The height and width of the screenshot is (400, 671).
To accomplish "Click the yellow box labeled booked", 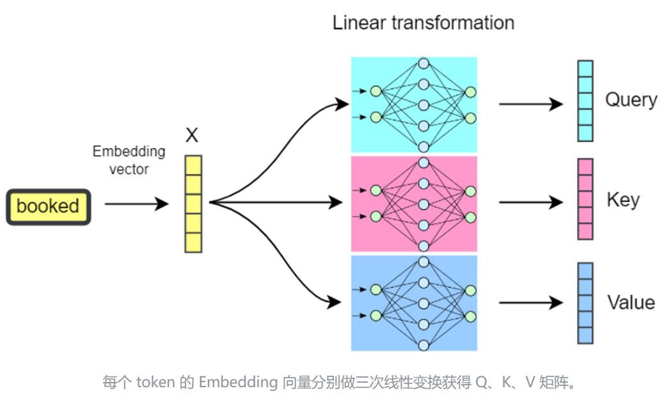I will pyautogui.click(x=48, y=206).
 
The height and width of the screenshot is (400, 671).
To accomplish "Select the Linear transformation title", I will pyautogui.click(x=423, y=23).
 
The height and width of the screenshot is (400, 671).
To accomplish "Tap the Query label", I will pyautogui.click(x=631, y=100).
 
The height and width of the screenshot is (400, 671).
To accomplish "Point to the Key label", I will pyautogui.click(x=622, y=200).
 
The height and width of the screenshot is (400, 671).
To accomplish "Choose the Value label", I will pyautogui.click(x=631, y=302).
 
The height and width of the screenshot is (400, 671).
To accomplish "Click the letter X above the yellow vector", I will pyautogui.click(x=192, y=135).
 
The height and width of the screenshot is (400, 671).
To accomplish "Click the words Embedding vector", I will pyautogui.click(x=129, y=160).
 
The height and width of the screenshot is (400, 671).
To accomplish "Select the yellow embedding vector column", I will pyautogui.click(x=193, y=204).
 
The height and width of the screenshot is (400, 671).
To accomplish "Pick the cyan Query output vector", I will pyautogui.click(x=585, y=101).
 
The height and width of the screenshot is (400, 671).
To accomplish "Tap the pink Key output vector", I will pyautogui.click(x=585, y=199).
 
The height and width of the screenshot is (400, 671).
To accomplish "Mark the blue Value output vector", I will pyautogui.click(x=585, y=303).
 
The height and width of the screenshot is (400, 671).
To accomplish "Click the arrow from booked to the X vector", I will pyautogui.click(x=136, y=204).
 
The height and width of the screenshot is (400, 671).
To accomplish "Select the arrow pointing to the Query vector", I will pyautogui.click(x=530, y=104).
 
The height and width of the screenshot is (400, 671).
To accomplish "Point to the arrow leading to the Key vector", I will pyautogui.click(x=530, y=203).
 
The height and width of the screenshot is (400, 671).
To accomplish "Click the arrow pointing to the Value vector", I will pyautogui.click(x=530, y=303).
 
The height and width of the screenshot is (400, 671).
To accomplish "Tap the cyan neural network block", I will pyautogui.click(x=414, y=104).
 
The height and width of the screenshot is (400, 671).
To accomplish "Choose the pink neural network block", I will pyautogui.click(x=414, y=204).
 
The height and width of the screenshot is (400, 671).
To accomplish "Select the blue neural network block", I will pyautogui.click(x=414, y=303).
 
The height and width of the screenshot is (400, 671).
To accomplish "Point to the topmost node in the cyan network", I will pyautogui.click(x=423, y=63).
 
